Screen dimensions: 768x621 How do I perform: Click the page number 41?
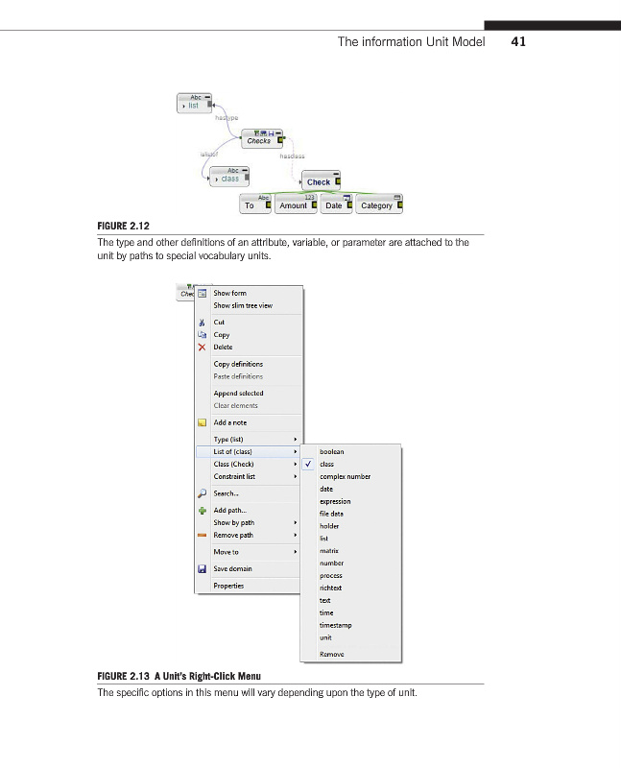pos(519,41)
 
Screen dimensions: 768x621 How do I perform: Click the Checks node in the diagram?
pos(259,140)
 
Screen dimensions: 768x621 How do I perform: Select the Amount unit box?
pos(293,205)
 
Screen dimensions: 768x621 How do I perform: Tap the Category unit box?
pos(376,205)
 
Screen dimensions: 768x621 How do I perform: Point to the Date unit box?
pos(334,205)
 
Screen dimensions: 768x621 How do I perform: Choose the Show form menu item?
pos(230,293)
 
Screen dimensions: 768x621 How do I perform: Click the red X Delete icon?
pos(202,348)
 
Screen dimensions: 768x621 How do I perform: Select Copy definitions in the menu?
pos(238,364)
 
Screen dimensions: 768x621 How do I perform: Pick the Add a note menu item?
pos(230,422)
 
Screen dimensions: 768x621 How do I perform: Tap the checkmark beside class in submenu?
pos(308,465)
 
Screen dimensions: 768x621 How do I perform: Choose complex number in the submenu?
pos(345,476)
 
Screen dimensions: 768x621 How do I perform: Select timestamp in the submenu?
pos(336,625)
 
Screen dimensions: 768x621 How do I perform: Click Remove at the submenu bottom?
pos(332,654)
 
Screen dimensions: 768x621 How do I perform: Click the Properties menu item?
pos(228,586)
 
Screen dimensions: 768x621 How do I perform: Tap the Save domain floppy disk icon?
pos(202,568)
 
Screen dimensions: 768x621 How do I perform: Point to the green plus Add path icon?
pos(202,510)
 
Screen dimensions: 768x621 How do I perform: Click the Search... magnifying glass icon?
pos(202,493)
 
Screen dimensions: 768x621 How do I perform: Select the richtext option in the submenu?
pos(331,588)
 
